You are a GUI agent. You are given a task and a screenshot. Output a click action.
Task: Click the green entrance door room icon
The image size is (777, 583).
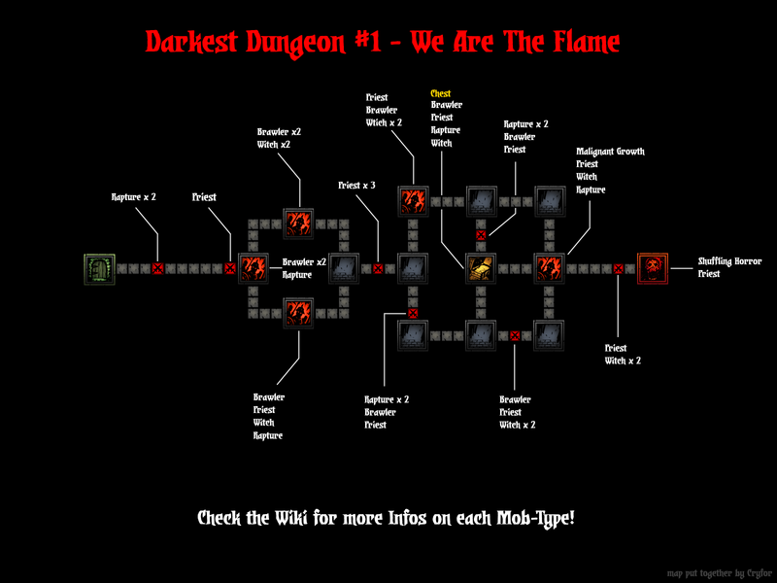[x=99, y=268]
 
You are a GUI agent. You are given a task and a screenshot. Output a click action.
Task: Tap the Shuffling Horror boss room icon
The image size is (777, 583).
[x=652, y=268]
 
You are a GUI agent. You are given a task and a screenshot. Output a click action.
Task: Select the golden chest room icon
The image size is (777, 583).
[x=482, y=268]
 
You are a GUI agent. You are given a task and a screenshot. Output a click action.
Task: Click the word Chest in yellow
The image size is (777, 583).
[x=441, y=94]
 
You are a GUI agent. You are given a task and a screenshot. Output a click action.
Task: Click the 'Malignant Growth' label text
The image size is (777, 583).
[x=610, y=152]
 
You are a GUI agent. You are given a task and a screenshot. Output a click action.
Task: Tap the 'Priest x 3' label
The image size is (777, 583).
[x=356, y=185]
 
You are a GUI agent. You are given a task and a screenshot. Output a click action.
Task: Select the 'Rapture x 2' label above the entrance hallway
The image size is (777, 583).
[x=134, y=197]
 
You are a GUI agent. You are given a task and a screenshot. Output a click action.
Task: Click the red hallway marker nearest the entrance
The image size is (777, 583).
[x=158, y=268]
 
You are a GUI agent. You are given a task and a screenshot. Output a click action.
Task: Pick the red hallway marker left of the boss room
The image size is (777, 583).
[x=618, y=268]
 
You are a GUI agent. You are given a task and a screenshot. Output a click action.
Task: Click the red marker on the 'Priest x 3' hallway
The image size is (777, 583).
[x=378, y=268]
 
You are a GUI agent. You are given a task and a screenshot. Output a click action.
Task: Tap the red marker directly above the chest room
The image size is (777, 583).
[x=481, y=234]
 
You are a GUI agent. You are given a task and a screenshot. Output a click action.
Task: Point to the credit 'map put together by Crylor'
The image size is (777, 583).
[x=717, y=573]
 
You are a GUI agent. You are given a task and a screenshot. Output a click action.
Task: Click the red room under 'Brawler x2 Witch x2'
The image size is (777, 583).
[x=297, y=223]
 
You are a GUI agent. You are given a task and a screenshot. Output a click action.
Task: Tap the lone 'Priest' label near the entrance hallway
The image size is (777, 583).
[x=204, y=197]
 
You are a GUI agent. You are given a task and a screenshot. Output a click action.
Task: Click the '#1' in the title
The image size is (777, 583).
[x=370, y=43]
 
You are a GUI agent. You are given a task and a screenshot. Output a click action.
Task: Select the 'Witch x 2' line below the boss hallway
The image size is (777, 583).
[x=623, y=360]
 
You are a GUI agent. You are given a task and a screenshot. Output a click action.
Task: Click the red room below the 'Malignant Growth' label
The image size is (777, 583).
[x=550, y=268]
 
